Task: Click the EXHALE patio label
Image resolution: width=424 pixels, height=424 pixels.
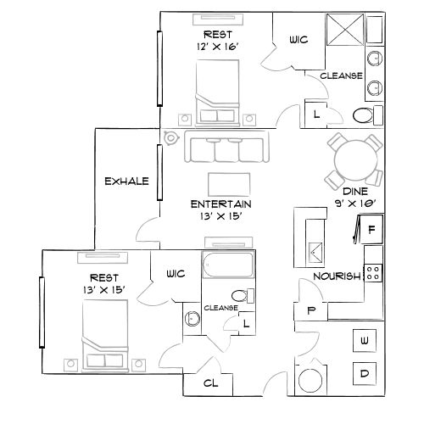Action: tap(126, 181)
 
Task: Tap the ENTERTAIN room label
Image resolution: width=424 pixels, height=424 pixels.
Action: tap(220, 204)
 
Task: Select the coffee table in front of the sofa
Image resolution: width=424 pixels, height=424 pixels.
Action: tap(228, 182)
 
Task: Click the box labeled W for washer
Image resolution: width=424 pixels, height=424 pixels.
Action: tap(365, 340)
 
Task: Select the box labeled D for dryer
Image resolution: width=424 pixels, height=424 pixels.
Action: tap(365, 374)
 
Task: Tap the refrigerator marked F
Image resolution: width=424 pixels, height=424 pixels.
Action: tap(371, 229)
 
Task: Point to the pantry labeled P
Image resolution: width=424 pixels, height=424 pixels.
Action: tap(312, 311)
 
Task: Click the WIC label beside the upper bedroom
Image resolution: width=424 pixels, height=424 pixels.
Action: tap(298, 39)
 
